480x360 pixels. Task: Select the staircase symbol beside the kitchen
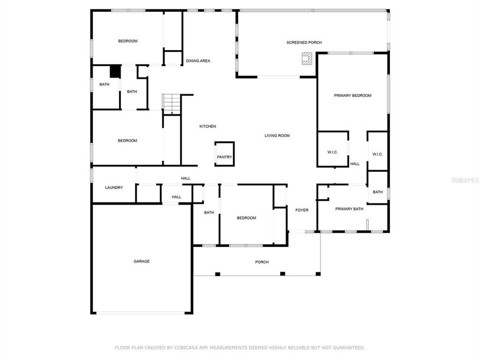[171, 104]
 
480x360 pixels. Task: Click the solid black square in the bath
[115, 71]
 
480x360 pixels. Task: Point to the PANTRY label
[224, 157]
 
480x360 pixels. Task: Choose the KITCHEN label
[207, 126]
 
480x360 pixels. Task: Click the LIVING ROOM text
[277, 135]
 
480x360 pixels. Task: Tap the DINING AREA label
[198, 61]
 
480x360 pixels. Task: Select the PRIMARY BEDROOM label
[352, 95]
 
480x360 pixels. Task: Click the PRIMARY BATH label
[349, 209]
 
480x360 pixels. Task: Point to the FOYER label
[302, 210]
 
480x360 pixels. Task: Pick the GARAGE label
[141, 261]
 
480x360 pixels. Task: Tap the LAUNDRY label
[114, 187]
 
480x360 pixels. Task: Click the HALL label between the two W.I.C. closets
[355, 164]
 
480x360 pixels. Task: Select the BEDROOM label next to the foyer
[246, 218]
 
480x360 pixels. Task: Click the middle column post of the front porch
[282, 273]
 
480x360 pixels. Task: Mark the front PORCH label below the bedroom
[262, 262]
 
